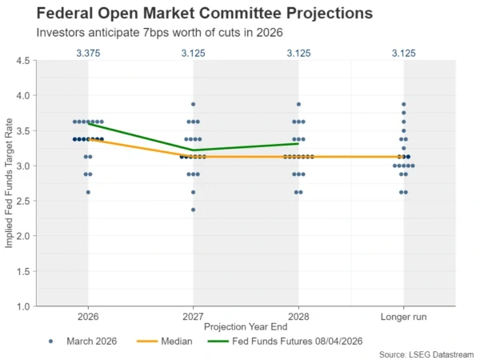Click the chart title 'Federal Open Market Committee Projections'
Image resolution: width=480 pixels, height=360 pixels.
[193, 14]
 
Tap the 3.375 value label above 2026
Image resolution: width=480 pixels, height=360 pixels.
[88, 54]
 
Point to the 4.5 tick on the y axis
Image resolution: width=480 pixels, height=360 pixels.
[23, 61]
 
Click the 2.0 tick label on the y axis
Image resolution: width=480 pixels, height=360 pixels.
[23, 236]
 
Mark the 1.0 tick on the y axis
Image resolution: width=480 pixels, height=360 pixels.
[23, 306]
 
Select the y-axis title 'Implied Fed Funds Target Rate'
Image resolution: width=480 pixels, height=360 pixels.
[9, 183]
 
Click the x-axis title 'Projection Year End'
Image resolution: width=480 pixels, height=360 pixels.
[246, 327]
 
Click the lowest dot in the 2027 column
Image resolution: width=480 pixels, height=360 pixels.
[193, 210]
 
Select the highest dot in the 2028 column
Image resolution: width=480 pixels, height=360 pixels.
[298, 104]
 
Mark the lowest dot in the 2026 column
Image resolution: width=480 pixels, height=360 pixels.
[88, 192]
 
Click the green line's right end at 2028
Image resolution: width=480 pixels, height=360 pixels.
[298, 143]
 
